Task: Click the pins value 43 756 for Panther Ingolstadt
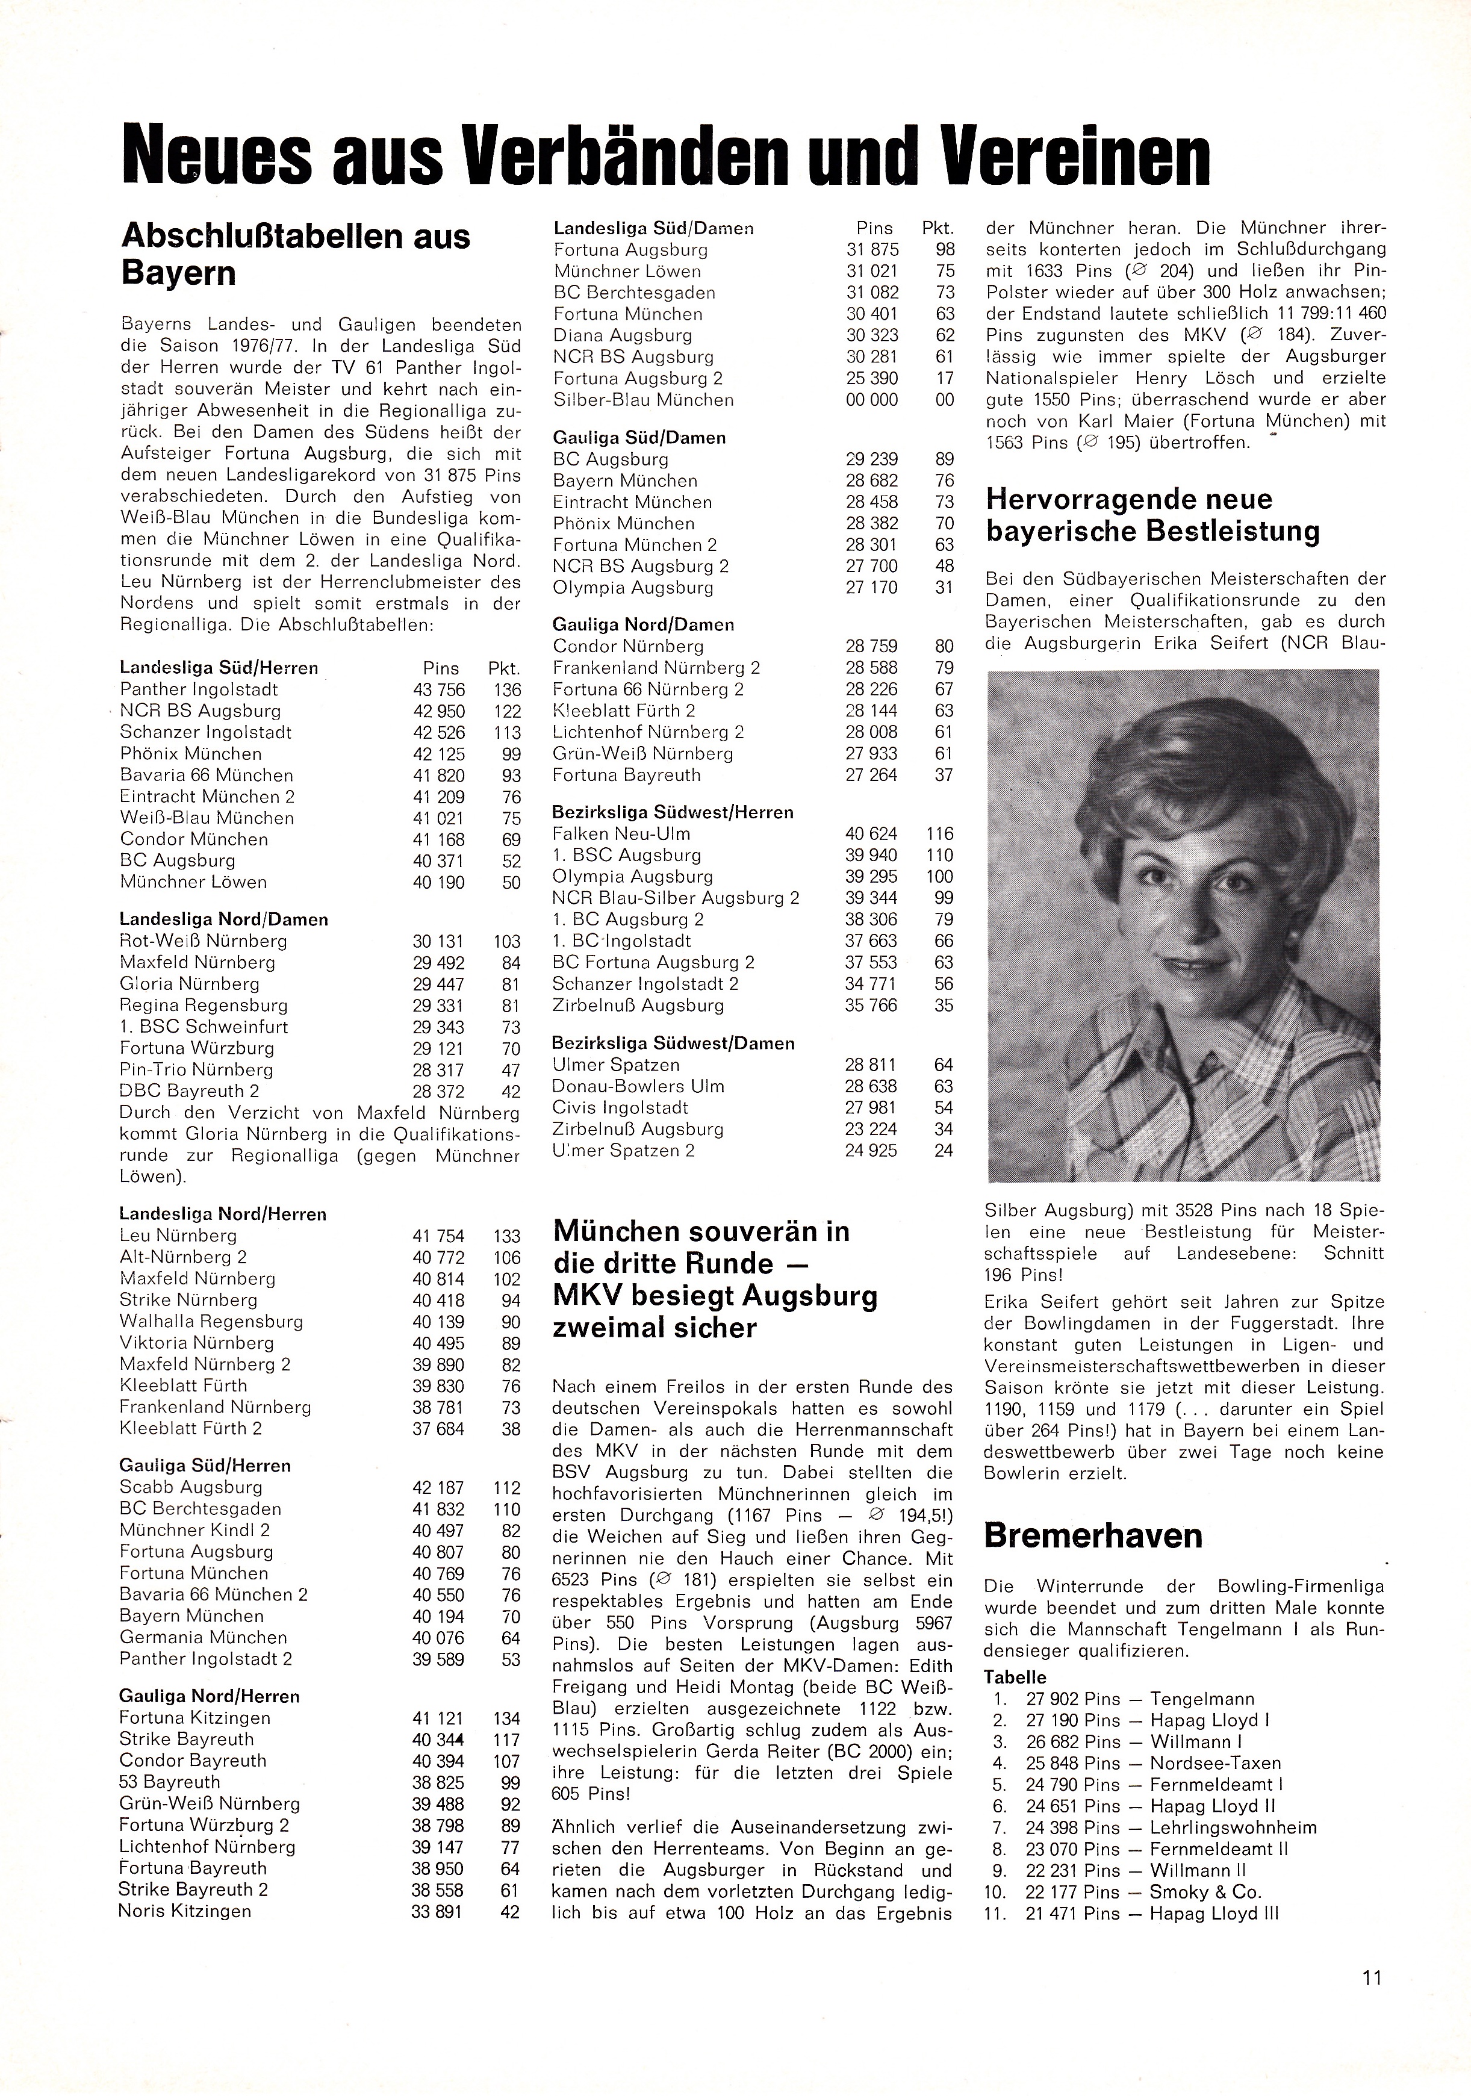click(438, 690)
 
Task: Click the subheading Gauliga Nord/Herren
click(209, 1696)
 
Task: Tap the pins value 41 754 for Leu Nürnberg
click(438, 1236)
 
